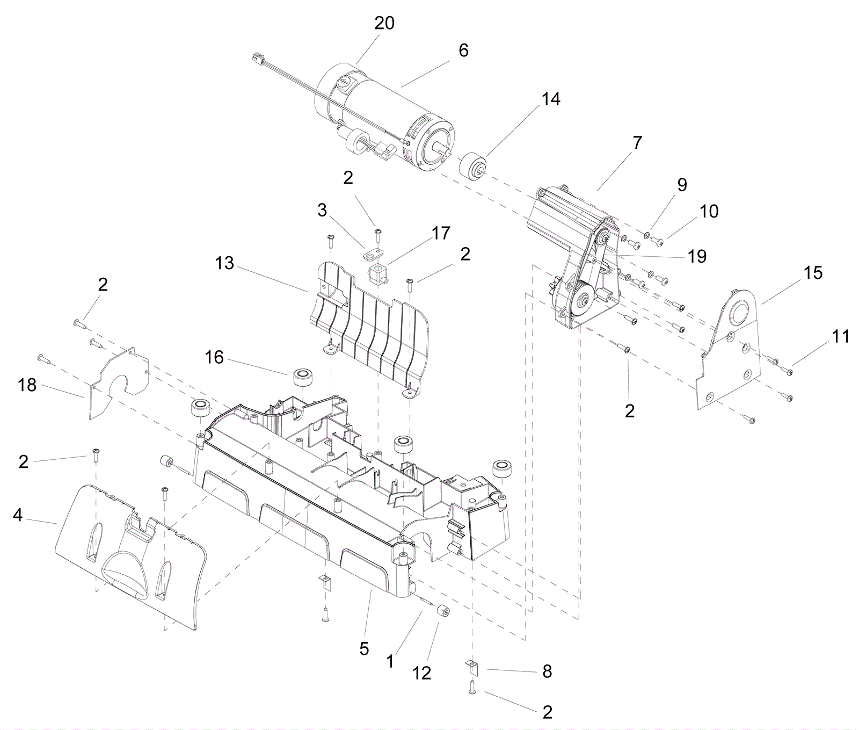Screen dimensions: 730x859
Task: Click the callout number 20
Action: (384, 23)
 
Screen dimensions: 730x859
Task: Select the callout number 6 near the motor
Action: (463, 50)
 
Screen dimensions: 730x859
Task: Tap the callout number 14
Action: (551, 99)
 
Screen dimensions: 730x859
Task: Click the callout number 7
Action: (637, 143)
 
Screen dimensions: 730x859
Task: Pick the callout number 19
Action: (697, 257)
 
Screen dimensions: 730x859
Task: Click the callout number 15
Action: (813, 273)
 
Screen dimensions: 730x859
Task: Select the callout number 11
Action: (840, 337)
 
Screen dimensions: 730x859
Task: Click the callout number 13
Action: (224, 263)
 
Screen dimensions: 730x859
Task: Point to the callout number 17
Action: (441, 233)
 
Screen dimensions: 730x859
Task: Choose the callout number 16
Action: (214, 357)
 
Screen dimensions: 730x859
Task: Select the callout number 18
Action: (27, 385)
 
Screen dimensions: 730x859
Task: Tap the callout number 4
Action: (18, 516)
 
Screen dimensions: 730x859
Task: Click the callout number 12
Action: (422, 673)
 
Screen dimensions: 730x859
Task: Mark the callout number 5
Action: (364, 649)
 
